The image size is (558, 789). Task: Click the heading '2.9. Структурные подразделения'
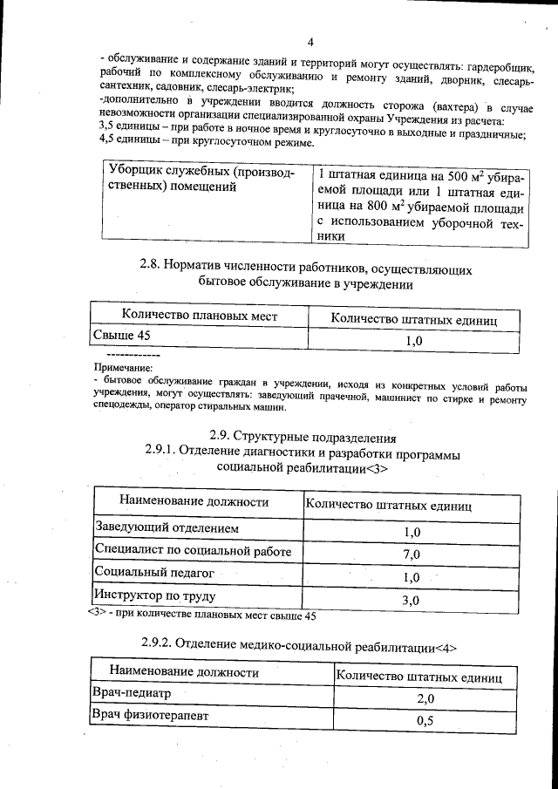303,437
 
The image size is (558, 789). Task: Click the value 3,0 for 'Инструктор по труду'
411,601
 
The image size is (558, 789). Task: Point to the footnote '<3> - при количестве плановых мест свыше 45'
201,616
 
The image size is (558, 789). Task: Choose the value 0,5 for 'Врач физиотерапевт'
425,720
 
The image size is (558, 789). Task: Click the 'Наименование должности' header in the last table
184,672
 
